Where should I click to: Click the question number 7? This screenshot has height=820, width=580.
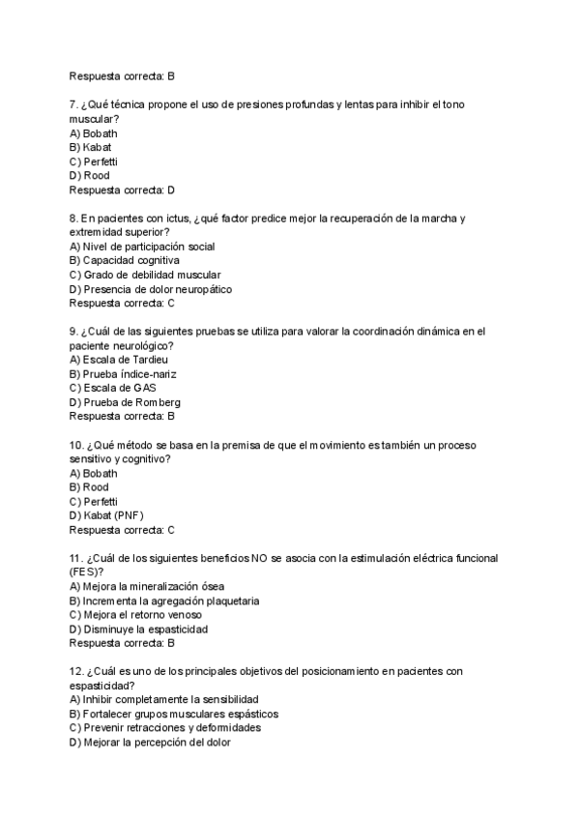coord(74,103)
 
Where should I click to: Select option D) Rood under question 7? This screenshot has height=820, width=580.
coord(90,176)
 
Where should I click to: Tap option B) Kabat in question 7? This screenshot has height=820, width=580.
coord(91,147)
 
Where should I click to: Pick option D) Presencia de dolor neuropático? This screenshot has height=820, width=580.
coord(151,289)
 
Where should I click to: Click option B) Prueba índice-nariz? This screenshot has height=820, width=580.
coord(124,374)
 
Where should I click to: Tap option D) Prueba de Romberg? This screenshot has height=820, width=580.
coord(126,402)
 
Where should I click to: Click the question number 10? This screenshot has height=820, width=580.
coord(77,445)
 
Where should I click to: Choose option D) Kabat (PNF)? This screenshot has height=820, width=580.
coord(106,515)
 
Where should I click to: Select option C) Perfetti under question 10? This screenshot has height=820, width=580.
coord(94,502)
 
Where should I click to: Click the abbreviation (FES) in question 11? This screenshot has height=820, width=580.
coord(86,572)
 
